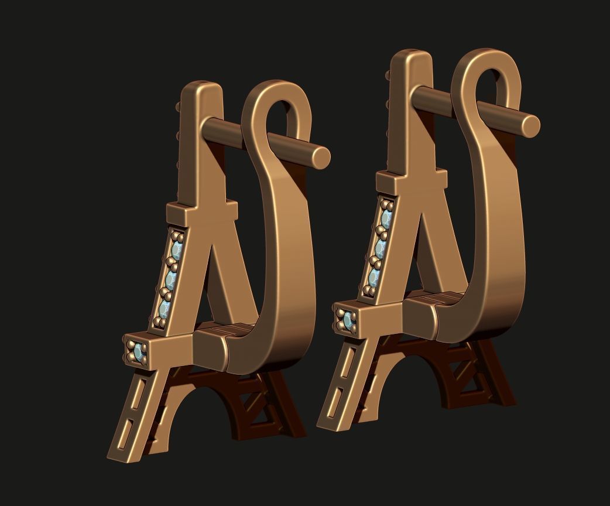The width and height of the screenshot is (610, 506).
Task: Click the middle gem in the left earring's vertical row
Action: (170, 280)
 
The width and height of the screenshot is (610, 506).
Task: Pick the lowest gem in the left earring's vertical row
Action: (165, 309)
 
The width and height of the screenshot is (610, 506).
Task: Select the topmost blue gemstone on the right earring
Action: (386, 219)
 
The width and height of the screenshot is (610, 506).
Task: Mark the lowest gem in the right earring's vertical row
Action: (375, 276)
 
